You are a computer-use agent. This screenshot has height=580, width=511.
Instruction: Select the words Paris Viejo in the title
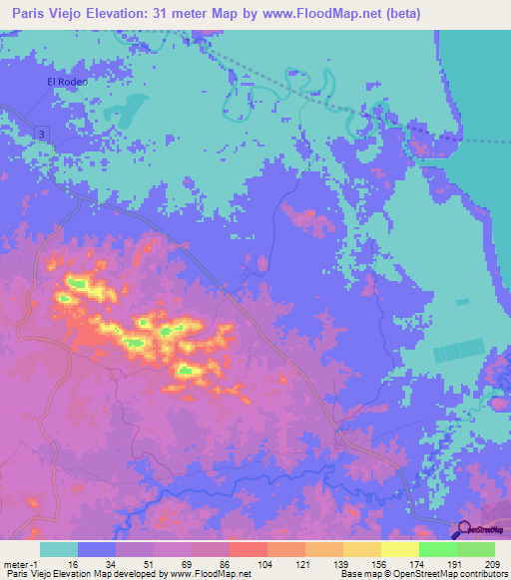point(46,14)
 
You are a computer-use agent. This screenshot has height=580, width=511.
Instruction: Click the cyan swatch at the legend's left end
point(59,549)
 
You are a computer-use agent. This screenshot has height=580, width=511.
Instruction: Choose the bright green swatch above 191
point(437,549)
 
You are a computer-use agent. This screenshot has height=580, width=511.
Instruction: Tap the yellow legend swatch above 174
point(399,549)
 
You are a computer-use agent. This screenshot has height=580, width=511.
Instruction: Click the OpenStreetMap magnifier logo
point(461,529)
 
